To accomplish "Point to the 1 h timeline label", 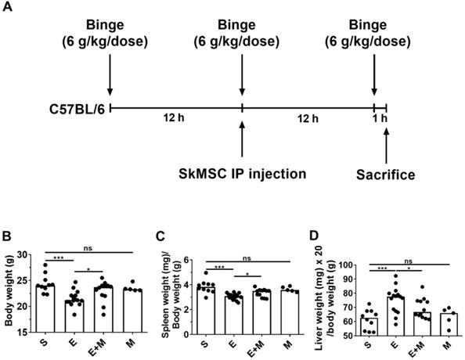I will [x=381, y=119].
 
